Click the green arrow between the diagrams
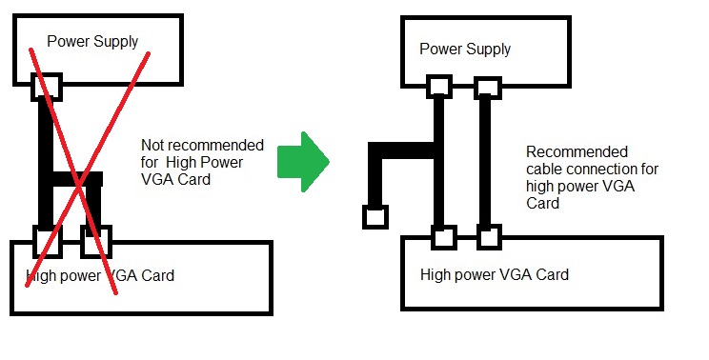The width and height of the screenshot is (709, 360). pos(303,162)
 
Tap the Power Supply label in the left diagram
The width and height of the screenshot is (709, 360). pos(92,42)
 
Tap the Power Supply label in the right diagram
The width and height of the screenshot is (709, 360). pos(465,50)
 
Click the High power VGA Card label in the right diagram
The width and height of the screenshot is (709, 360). pos(495,274)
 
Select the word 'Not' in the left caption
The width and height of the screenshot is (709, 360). pos(152,145)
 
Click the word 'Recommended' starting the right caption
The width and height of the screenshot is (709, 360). pos(577,151)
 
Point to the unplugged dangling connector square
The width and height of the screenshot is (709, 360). pos(375,217)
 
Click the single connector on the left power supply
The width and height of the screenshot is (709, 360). pos(46,87)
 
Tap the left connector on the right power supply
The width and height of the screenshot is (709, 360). pos(439,87)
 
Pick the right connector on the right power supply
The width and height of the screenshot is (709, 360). pos(488,88)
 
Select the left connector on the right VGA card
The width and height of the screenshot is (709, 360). pos(443,237)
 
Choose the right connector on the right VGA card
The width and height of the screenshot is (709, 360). pos(489,237)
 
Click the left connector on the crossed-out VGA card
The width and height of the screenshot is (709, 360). pos(48,242)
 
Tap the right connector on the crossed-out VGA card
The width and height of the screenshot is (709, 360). pos(96,242)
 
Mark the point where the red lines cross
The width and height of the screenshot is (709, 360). pos(80,185)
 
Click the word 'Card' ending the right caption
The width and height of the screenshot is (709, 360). pos(542,203)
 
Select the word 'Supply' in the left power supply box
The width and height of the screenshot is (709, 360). pos(115,43)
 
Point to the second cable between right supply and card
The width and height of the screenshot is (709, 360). pos(485,162)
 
